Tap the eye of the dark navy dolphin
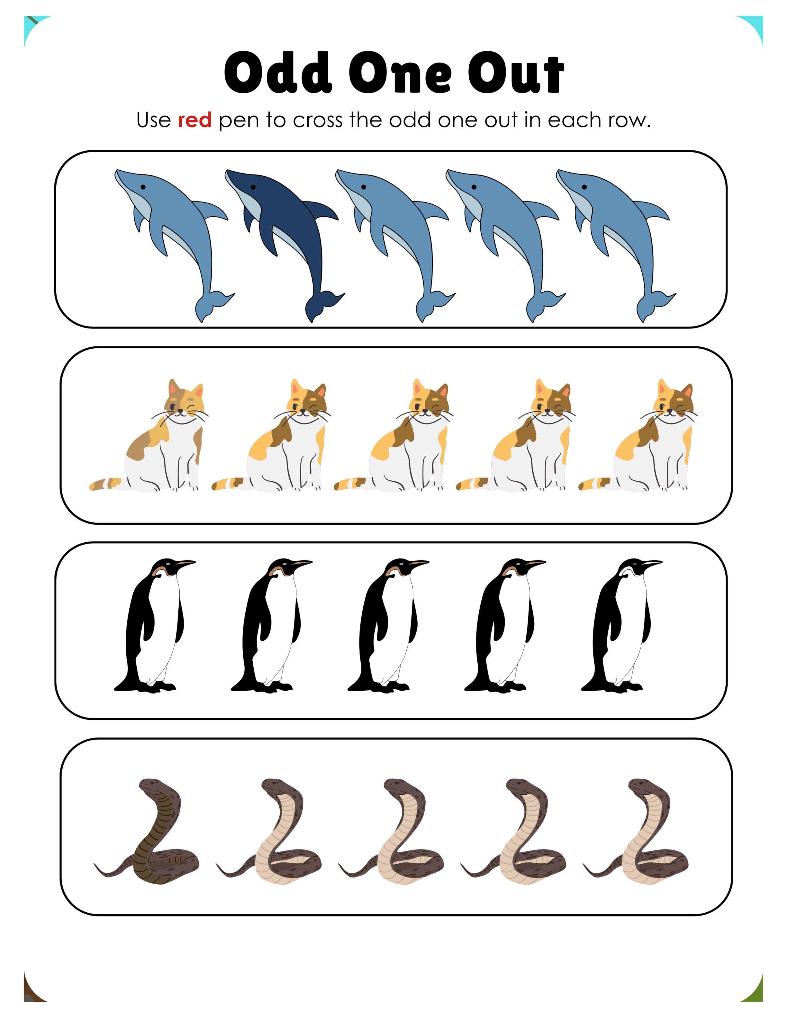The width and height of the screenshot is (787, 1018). [253, 187]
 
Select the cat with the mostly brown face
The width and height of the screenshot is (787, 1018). [154, 435]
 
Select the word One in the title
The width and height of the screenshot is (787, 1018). [400, 74]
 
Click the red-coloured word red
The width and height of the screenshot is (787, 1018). [195, 120]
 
